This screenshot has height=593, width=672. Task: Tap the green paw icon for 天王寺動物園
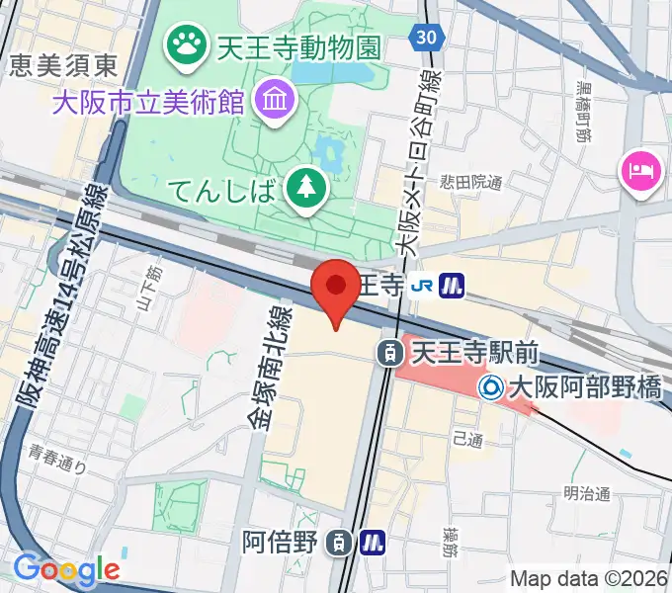(185, 42)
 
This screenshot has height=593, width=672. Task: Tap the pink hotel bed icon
(637, 170)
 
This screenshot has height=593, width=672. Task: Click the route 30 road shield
(425, 37)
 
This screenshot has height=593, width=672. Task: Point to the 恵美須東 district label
(64, 66)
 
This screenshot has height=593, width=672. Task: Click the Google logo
(66, 569)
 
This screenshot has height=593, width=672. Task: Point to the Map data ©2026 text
(590, 579)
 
